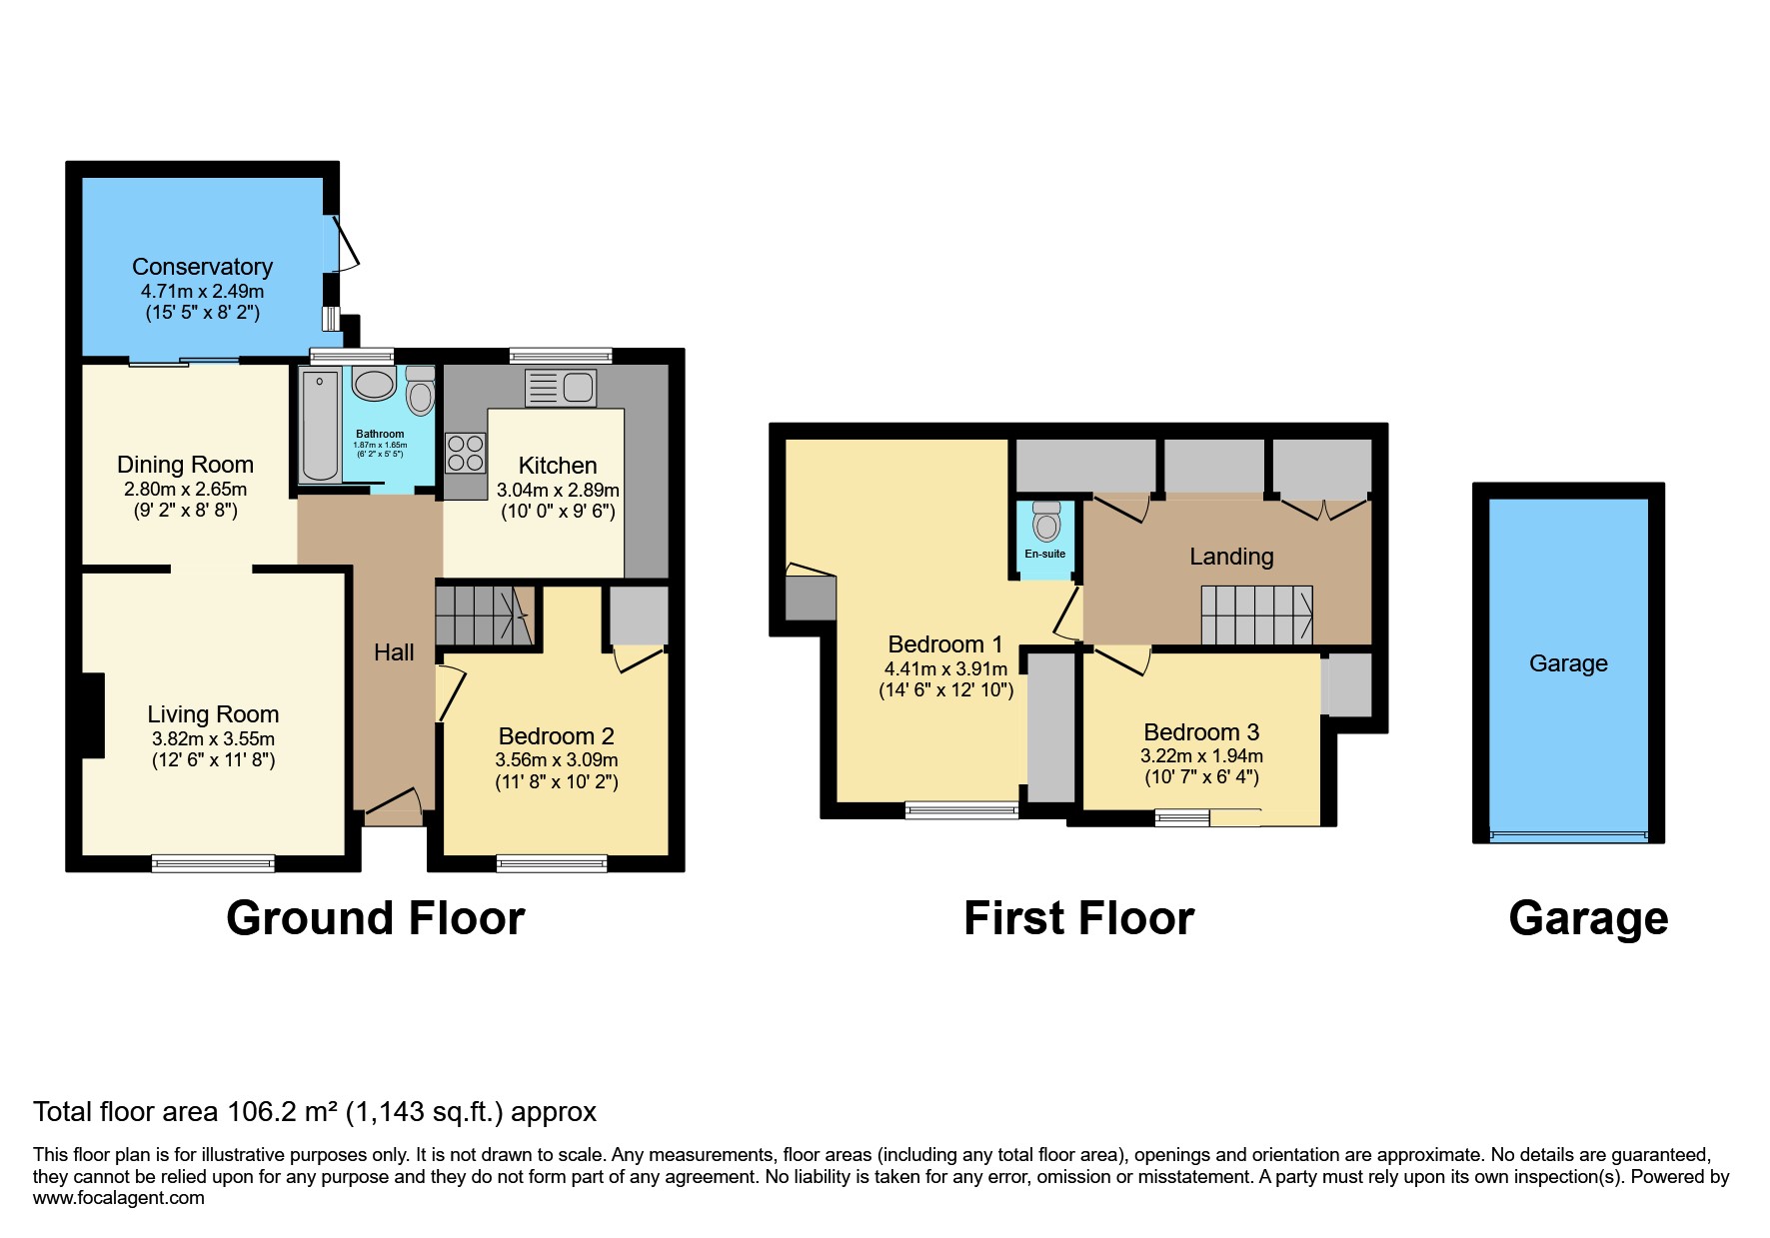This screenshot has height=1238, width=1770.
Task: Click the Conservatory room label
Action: [x=202, y=267]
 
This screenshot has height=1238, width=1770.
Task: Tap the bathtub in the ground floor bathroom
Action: [x=320, y=426]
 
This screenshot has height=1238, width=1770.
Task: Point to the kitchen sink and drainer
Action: [x=561, y=388]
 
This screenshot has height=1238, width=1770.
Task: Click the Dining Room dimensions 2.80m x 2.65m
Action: [x=185, y=490]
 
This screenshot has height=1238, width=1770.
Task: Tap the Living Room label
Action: [x=213, y=714]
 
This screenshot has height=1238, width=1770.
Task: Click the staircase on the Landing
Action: [x=1256, y=615]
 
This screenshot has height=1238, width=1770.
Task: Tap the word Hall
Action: [x=394, y=652]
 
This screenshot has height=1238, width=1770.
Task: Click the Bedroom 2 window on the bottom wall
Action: [x=552, y=863]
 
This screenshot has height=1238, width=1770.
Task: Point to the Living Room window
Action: [x=213, y=863]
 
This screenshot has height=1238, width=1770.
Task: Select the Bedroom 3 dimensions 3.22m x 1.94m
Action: [x=1201, y=756]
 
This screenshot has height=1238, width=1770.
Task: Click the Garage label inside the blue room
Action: [x=1568, y=663]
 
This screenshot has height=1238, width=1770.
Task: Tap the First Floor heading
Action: [x=1078, y=918]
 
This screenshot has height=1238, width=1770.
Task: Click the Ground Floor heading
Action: [x=375, y=918]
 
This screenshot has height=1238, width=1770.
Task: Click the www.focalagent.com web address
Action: [x=118, y=1198]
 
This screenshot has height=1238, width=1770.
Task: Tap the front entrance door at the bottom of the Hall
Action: [x=392, y=808]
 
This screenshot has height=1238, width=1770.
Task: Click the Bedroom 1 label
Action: [x=944, y=644]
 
